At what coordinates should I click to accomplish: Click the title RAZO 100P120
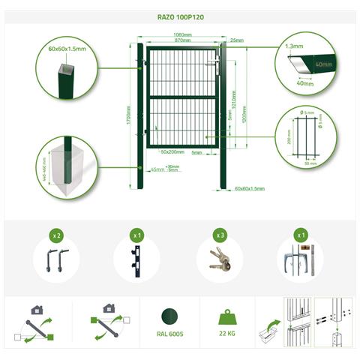pos(179,14)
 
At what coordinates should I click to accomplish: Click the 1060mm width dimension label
pos(180,34)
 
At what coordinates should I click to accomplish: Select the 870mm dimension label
pos(180,40)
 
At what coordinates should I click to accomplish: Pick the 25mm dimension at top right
pos(237,40)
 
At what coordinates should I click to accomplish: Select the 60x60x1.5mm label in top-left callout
pos(65,49)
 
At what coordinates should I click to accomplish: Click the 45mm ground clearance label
pos(157,169)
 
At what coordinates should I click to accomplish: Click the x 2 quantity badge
pos(56,235)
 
